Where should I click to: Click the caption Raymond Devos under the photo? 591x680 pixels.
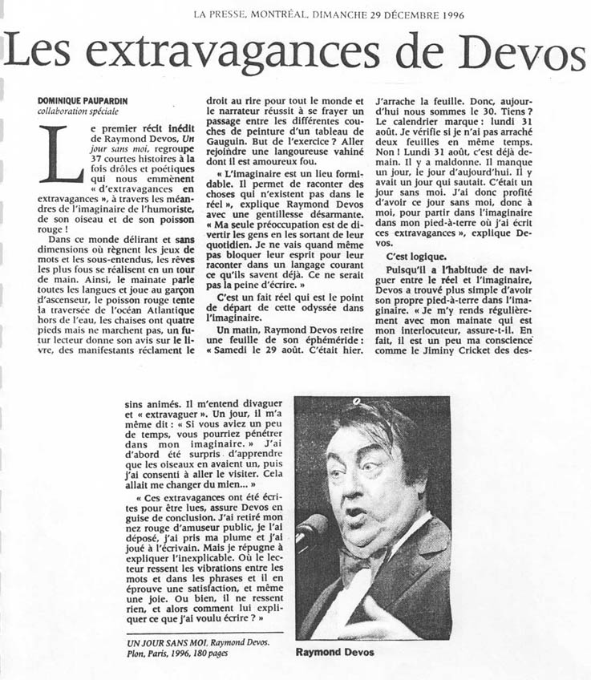click(335, 652)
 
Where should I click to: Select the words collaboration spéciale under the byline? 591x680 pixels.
click(76, 111)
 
